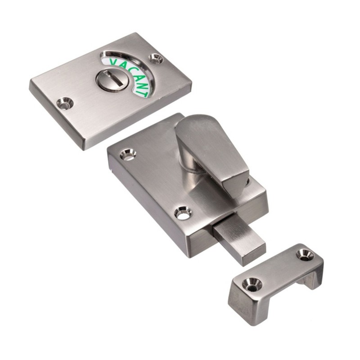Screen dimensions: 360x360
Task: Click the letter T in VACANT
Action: pyautogui.click(x=144, y=93)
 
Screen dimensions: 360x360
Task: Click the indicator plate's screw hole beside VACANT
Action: pyautogui.click(x=156, y=58)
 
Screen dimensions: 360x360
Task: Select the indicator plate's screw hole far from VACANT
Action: pyautogui.click(x=64, y=103)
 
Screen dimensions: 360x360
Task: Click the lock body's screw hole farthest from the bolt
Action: pyautogui.click(x=128, y=153)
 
